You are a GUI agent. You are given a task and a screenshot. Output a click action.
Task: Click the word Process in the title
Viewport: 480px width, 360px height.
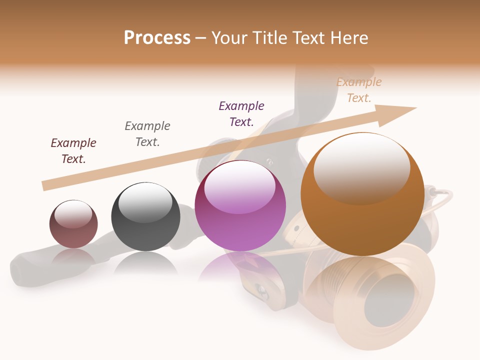pyautogui.click(x=157, y=38)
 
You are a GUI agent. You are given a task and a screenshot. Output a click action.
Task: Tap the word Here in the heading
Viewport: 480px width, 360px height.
pyautogui.click(x=347, y=38)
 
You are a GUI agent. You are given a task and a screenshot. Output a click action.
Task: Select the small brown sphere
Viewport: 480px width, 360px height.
pyautogui.click(x=73, y=224)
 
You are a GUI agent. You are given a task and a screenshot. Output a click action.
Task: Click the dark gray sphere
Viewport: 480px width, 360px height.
pyautogui.click(x=145, y=216)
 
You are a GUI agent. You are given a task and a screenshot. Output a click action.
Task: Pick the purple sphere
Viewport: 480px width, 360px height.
pyautogui.click(x=240, y=206)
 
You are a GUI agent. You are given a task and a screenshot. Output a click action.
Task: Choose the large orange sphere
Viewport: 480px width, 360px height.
pyautogui.click(x=362, y=194)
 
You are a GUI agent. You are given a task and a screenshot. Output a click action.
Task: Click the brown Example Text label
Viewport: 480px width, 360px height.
pyautogui.click(x=73, y=151)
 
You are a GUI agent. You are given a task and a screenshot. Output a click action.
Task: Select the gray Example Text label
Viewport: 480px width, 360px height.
pyautogui.click(x=147, y=133)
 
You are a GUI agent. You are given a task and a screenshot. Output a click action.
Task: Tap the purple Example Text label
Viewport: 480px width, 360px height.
pyautogui.click(x=241, y=113)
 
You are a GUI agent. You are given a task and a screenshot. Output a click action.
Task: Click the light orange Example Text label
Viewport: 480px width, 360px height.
pyautogui.click(x=359, y=90)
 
